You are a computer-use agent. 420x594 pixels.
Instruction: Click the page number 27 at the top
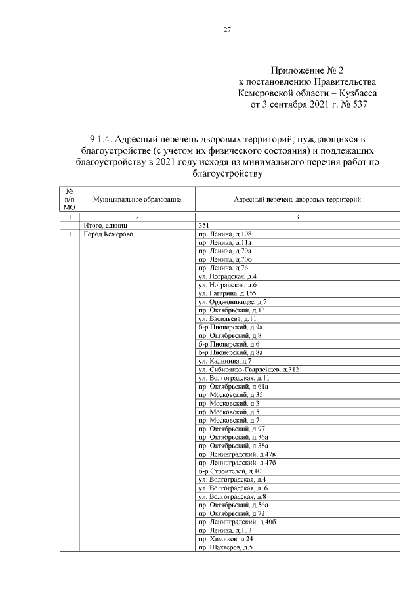click(x=228, y=30)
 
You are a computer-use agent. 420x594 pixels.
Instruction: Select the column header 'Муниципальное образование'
click(x=136, y=199)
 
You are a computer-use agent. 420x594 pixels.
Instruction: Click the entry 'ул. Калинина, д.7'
click(x=224, y=361)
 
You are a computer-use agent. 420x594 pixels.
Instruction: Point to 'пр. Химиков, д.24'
click(x=225, y=539)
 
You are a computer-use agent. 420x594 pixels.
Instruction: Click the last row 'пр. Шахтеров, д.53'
click(x=226, y=547)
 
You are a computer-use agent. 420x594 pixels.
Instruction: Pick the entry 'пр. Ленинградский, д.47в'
click(x=237, y=454)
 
